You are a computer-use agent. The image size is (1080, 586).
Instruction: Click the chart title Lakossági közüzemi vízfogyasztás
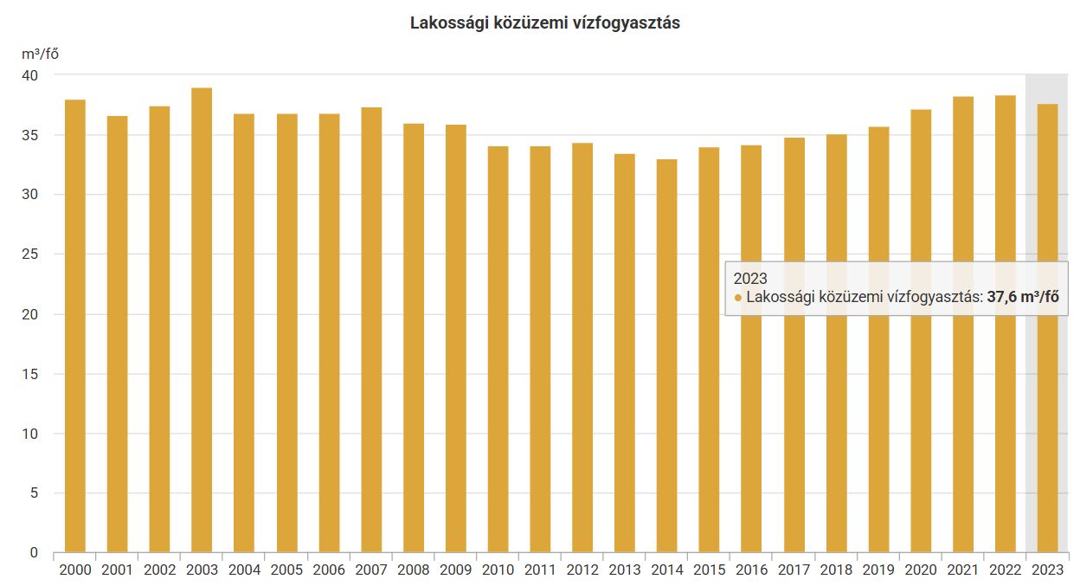click(544, 23)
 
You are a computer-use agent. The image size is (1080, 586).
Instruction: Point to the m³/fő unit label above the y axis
click(41, 54)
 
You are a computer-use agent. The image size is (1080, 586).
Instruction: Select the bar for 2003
click(202, 320)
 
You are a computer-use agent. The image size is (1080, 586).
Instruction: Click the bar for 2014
click(666, 355)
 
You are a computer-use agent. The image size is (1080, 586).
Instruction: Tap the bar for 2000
click(74, 325)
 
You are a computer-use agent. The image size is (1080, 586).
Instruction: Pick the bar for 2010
click(498, 349)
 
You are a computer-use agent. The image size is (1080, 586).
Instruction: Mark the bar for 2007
click(371, 329)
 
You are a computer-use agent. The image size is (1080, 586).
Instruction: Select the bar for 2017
click(794, 345)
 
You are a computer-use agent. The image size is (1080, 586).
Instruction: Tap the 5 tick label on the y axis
click(35, 493)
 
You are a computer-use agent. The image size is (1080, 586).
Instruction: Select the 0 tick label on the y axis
click(35, 552)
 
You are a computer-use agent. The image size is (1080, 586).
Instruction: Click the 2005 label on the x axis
click(286, 570)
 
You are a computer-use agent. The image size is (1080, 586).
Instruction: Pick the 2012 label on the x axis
click(582, 570)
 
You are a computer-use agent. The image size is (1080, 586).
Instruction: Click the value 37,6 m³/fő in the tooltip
click(1023, 297)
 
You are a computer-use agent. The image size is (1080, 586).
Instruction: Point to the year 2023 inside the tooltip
click(750, 279)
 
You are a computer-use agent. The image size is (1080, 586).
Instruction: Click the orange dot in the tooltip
click(738, 298)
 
